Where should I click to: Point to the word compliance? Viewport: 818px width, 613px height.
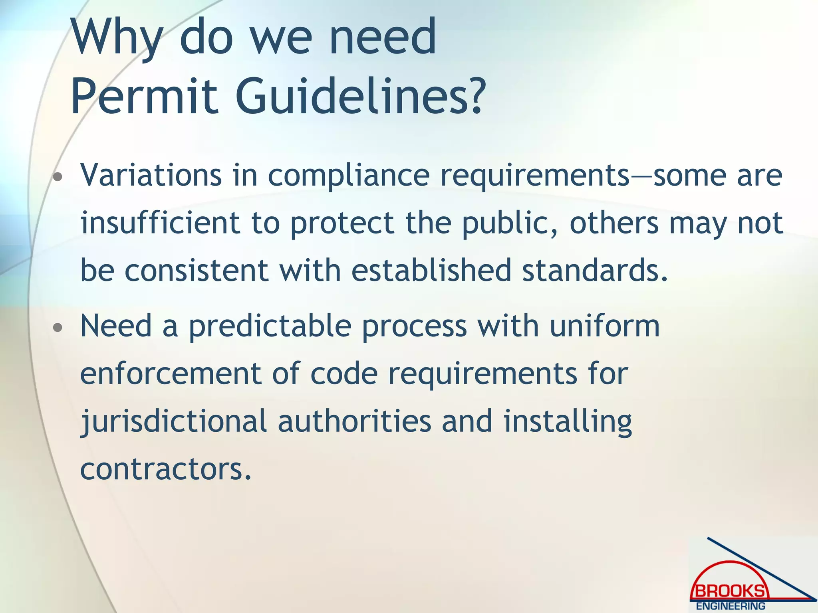348,176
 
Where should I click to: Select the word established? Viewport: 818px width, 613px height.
431,270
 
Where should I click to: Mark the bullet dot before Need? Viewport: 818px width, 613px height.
58,328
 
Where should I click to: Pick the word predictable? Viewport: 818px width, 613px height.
270,326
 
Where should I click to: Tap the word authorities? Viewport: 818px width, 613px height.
355,421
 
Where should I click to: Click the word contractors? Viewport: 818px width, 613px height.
166,469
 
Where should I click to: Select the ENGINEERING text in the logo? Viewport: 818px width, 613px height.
731,606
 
